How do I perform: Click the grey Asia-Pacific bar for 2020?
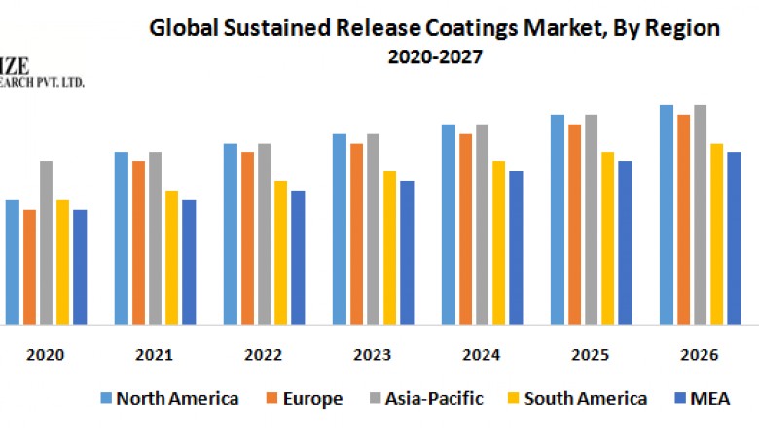[x=46, y=242]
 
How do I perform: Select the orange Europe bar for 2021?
[x=139, y=242]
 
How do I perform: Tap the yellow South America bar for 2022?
[x=280, y=252]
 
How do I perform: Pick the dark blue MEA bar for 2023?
[x=407, y=252]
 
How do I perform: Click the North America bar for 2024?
[x=449, y=224]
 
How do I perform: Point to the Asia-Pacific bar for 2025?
[x=591, y=219]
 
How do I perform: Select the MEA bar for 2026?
[x=734, y=237]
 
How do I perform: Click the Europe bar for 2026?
[x=684, y=219]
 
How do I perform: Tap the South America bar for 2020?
[x=63, y=262]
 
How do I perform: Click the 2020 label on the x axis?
[x=46, y=355]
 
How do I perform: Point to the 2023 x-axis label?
[x=373, y=355]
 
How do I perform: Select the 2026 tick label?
[x=700, y=355]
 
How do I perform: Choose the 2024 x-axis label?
[x=482, y=355]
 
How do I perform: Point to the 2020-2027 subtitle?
[x=434, y=57]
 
